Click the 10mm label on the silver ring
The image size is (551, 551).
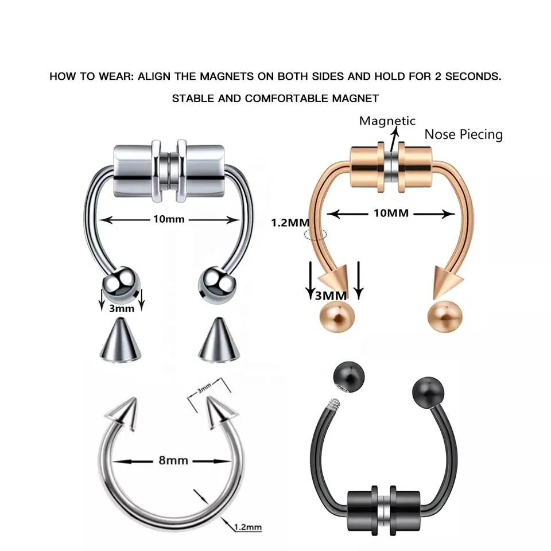point(169,219)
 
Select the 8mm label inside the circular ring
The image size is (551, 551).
point(172,460)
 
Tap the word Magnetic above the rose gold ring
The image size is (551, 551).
point(387,121)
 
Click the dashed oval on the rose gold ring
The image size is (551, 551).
point(316,234)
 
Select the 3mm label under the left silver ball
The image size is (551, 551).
point(122,309)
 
